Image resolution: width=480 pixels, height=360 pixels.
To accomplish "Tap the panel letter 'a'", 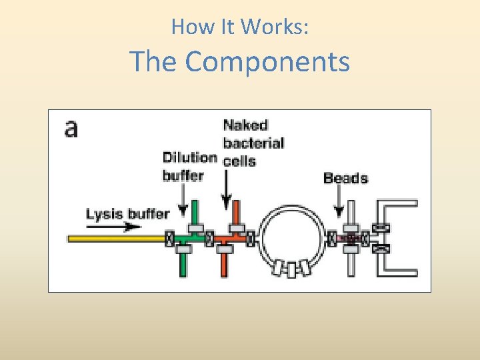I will coord(71,128).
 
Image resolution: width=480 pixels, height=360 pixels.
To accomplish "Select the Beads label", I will coord(345,178).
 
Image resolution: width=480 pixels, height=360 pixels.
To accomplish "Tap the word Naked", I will coord(245,125).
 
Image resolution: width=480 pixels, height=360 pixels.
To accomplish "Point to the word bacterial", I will coord(253,143).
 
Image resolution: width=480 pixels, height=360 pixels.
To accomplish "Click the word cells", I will coord(239,161).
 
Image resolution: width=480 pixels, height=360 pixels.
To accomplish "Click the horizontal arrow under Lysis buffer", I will coord(124,227).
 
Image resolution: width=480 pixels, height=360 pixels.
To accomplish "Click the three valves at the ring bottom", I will coord(290,269).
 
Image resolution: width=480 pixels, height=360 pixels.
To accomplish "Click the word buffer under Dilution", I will coord(183,176).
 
